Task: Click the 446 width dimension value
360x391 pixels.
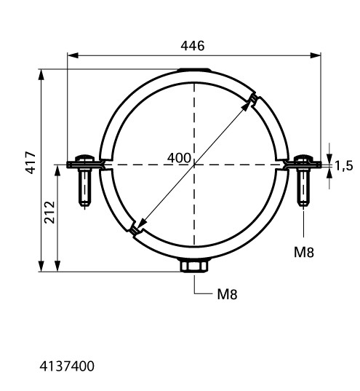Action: click(x=192, y=46)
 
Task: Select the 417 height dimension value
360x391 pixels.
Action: click(x=31, y=162)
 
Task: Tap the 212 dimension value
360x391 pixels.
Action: click(x=49, y=212)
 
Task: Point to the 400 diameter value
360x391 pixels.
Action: click(x=179, y=158)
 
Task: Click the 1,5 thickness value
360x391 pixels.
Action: click(x=344, y=165)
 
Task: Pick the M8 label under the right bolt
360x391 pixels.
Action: click(x=304, y=252)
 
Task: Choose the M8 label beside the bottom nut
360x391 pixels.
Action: click(x=227, y=294)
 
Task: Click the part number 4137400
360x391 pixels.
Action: click(x=67, y=366)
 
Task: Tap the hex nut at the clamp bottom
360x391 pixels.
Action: click(x=194, y=266)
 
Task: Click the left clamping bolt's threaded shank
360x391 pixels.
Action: click(x=84, y=187)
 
